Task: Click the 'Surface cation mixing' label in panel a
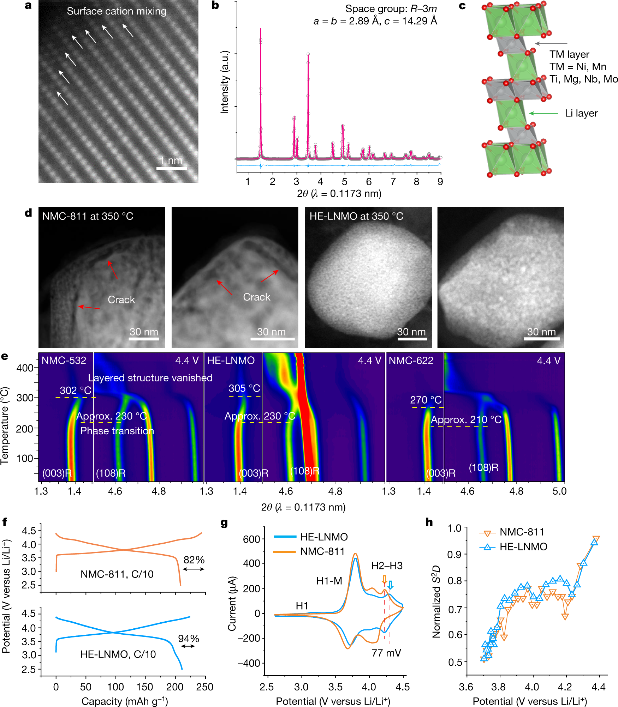117,11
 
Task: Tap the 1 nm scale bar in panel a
172,168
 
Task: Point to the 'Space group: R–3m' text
391,8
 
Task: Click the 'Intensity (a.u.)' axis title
225,82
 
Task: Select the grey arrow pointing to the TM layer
551,43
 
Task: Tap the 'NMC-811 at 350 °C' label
88,216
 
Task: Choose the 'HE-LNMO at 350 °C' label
356,216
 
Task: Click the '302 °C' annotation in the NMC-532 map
76,390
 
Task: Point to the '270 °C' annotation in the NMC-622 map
426,400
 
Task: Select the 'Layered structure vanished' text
150,378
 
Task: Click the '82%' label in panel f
194,560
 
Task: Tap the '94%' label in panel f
189,638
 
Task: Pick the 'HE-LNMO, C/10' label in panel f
118,654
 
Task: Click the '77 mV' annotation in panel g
386,653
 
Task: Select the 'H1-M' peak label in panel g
329,581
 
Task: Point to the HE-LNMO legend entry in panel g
311,537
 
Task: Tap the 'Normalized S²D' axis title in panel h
437,601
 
